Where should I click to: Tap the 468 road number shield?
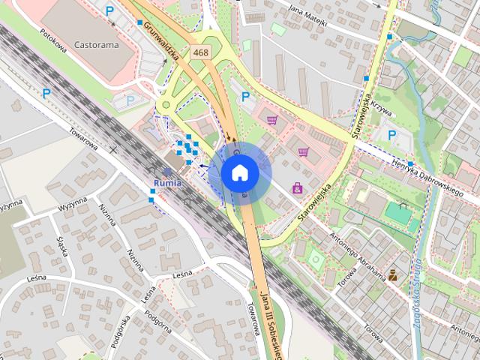(200, 52)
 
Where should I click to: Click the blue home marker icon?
(240, 172)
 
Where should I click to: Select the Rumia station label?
(166, 183)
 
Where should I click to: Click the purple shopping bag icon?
(298, 187)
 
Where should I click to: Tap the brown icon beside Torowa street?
(392, 274)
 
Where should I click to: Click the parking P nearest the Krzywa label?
(391, 134)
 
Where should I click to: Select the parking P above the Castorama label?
(110, 11)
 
